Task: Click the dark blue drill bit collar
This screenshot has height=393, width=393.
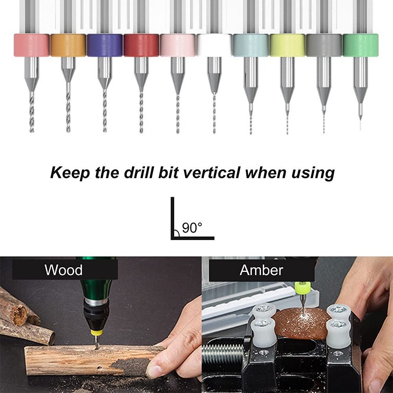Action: pos(105,45)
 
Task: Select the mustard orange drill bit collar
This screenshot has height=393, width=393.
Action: pos(68,45)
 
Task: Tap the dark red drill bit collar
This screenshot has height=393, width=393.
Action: pos(141,45)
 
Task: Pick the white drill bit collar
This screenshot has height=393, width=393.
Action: pos(214,45)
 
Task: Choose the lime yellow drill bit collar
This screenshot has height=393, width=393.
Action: pos(287,45)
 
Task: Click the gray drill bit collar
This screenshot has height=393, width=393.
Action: pos(324,45)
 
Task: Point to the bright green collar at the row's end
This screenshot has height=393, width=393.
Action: pos(360,45)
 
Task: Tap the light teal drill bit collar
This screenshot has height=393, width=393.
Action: pos(251,45)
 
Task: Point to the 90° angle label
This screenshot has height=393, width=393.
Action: pos(192,228)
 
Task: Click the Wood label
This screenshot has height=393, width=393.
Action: pos(64,270)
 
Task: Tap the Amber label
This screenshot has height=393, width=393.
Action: pos(261,270)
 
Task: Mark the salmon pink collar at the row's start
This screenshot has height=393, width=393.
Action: pos(31,45)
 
